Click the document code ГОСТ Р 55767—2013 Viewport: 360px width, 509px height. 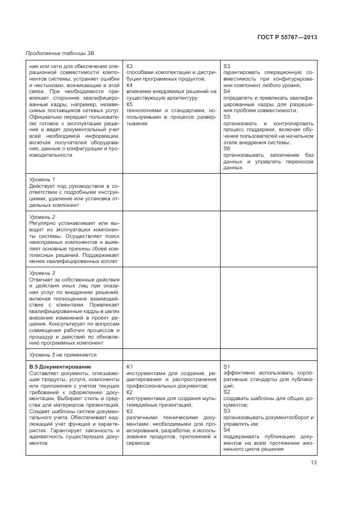coord(286,37)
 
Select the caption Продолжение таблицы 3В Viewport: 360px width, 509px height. coord(56,53)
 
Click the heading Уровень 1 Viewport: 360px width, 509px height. coord(42,180)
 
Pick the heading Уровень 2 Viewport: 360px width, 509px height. coord(42,217)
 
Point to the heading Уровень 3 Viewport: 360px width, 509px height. coord(42,273)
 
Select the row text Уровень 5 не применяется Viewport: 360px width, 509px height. coord(63,354)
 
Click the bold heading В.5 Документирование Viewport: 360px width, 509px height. coord(60,367)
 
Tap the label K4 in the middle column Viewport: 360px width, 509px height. coord(130,85)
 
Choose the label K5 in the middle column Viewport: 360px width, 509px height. coord(130,104)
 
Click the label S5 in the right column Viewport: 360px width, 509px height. coord(227,116)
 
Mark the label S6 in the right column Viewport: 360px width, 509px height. coord(227,148)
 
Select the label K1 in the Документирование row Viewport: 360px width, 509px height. coord(130,367)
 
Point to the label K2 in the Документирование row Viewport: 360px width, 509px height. coord(130,392)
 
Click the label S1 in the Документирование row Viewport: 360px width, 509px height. coord(227,367)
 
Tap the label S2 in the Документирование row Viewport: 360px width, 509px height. coord(227,392)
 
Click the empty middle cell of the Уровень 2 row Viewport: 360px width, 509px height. coord(171,238)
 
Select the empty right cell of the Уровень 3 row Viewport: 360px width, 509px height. coord(267,308)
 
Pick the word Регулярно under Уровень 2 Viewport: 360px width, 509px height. coord(42,223)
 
